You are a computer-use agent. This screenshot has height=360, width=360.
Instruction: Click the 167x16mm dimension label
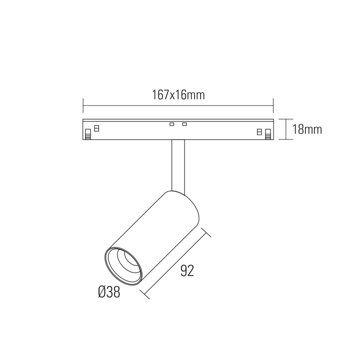click(178, 95)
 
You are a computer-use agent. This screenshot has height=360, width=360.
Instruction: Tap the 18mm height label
click(306, 129)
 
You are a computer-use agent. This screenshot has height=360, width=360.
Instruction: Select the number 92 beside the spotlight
click(187, 270)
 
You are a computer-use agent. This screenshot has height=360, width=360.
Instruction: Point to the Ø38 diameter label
click(109, 292)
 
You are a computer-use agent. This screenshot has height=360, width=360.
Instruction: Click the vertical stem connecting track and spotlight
click(178, 165)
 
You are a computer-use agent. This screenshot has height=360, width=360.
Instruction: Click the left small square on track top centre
click(171, 124)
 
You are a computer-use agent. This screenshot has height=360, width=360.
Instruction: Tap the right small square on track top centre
click(184, 124)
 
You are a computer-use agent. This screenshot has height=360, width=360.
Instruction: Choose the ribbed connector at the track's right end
click(268, 133)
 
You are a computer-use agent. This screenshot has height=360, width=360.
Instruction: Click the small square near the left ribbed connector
click(96, 127)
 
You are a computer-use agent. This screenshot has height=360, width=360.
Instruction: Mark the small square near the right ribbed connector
click(259, 131)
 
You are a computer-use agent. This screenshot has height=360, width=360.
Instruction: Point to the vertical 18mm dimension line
click(285, 129)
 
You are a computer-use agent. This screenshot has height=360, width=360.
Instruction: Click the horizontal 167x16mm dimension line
click(178, 105)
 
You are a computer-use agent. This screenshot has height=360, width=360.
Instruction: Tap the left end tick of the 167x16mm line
click(83, 105)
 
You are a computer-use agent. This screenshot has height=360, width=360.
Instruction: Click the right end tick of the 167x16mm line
click(274, 105)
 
